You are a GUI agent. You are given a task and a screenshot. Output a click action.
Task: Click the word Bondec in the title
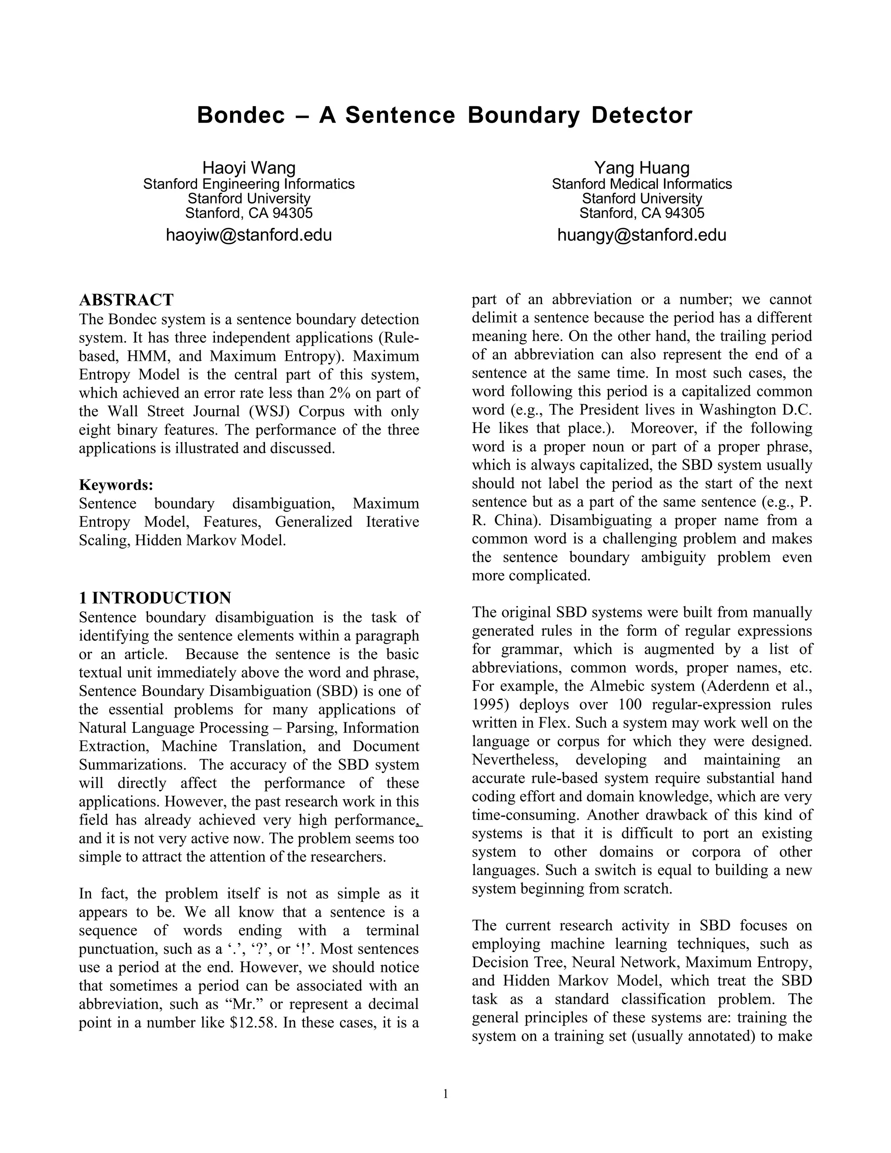(x=241, y=115)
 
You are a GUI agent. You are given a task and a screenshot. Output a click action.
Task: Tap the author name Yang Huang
(x=641, y=168)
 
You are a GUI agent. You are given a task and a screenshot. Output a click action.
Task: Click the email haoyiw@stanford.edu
(x=248, y=235)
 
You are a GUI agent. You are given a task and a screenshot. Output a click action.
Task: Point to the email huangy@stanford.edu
(x=641, y=235)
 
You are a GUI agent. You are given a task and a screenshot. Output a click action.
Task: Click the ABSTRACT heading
(x=126, y=300)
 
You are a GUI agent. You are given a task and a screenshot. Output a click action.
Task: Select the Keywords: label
(x=116, y=485)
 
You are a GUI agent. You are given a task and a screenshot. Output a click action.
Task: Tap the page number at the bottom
(x=445, y=1093)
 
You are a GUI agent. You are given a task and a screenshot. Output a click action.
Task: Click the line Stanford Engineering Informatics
(x=248, y=184)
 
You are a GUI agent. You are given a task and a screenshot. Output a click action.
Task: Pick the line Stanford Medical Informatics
(x=641, y=184)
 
